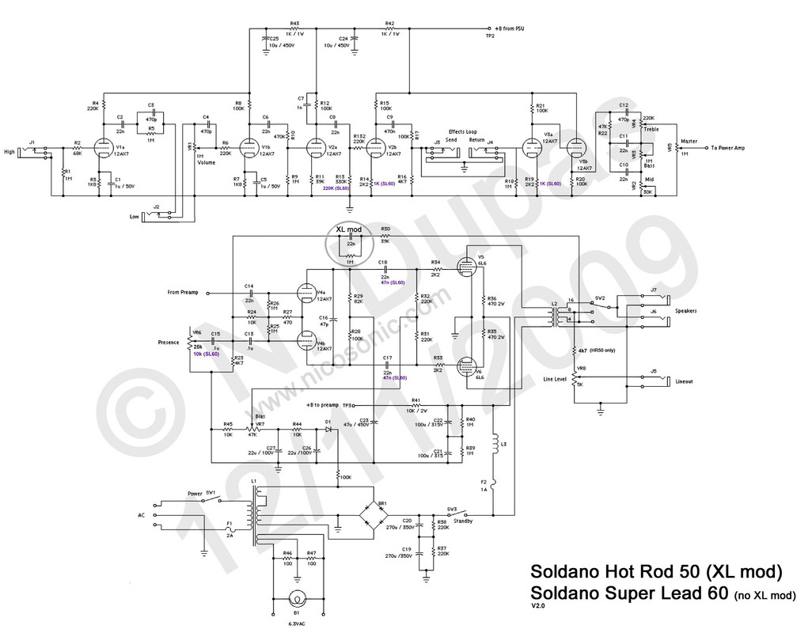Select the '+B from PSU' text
click(x=510, y=28)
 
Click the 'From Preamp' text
click(x=184, y=293)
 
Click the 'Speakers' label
click(x=685, y=311)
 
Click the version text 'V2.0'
click(x=537, y=606)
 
